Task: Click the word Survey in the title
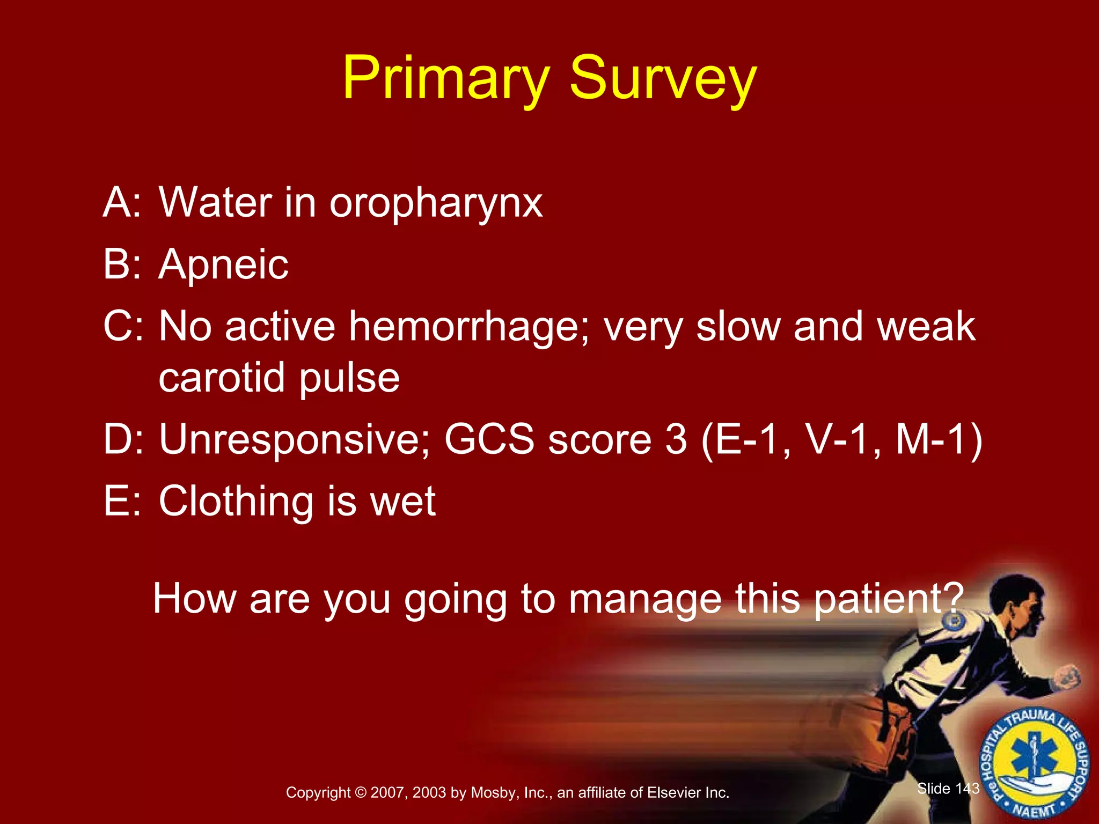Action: coord(662,80)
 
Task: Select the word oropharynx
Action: coord(436,204)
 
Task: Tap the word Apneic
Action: coord(223,265)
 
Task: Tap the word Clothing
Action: coord(236,502)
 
